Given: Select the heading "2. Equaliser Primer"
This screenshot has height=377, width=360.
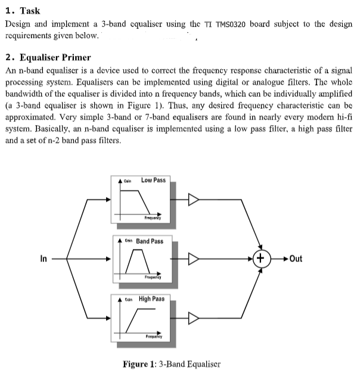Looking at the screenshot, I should coord(48,58).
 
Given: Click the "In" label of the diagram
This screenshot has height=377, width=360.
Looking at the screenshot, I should coord(43,258).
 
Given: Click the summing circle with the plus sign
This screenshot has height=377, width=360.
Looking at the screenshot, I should coord(260,258).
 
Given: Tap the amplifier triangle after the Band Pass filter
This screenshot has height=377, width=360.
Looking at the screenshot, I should coord(194,258).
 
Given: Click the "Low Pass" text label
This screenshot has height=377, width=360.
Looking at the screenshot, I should coord(153,180).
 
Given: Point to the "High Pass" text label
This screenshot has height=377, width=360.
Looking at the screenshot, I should coord(152,299).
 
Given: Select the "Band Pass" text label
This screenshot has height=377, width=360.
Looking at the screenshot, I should coord(150,241).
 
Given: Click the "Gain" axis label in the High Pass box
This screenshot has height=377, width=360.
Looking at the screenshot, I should coord(128,300).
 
